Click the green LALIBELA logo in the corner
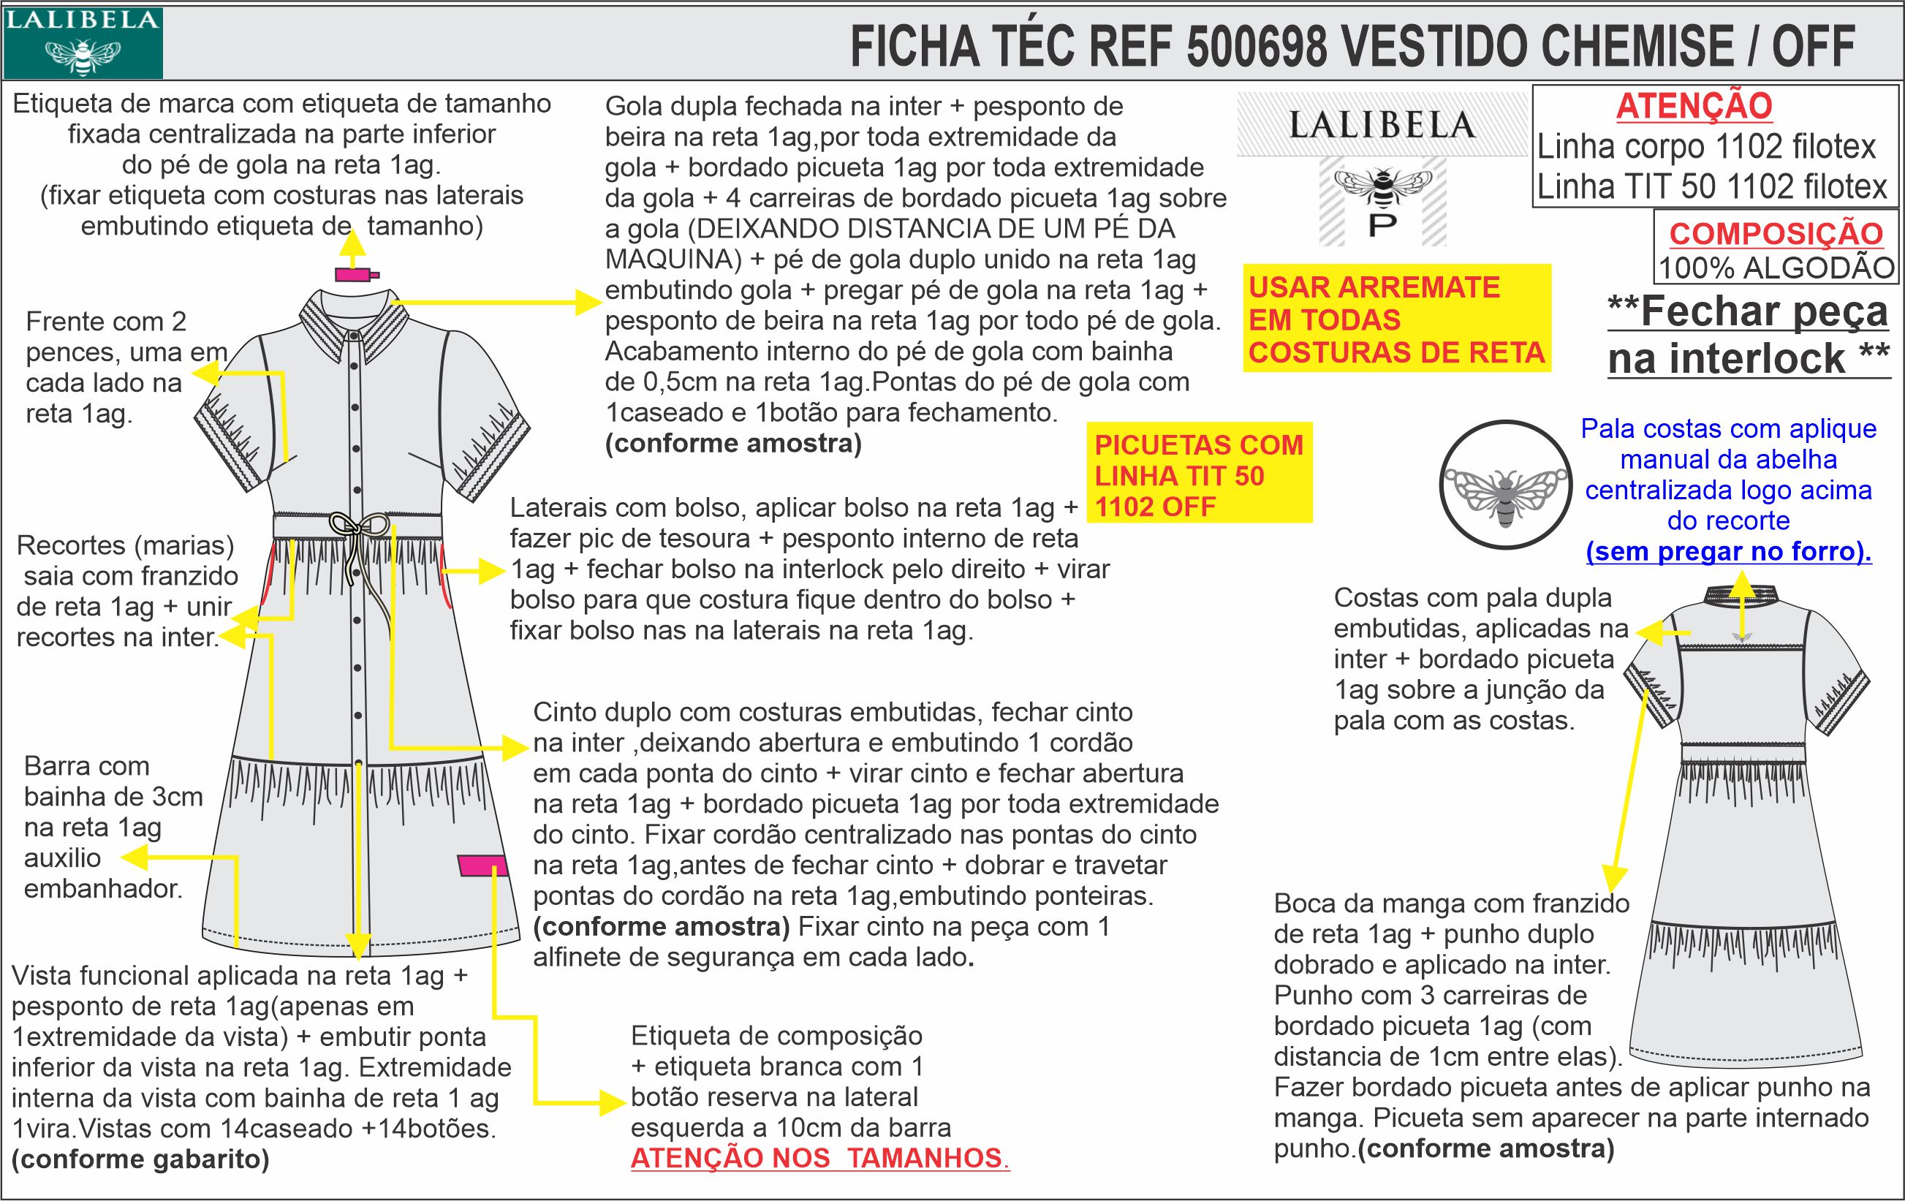(83, 42)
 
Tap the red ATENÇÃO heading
(1694, 106)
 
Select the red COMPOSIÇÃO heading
(1776, 233)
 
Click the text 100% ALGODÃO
(1776, 268)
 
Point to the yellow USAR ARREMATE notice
(1396, 319)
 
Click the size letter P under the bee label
(1382, 227)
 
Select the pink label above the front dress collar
(355, 275)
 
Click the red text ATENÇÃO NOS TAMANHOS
(819, 1159)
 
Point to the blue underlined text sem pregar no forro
(1729, 551)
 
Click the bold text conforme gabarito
(141, 1159)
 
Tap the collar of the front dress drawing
(354, 325)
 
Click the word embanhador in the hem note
(104, 888)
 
